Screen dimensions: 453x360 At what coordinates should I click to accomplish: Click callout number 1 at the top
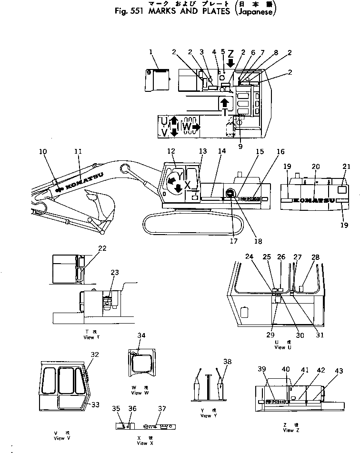click(151, 51)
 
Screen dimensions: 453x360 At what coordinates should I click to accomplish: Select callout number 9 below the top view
click(240, 147)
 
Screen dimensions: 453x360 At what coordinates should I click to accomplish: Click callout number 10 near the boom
click(43, 151)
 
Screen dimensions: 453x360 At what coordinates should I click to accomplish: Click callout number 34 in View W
click(141, 335)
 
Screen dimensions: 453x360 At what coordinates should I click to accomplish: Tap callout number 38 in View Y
click(228, 361)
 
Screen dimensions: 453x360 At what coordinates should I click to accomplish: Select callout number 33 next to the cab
click(95, 404)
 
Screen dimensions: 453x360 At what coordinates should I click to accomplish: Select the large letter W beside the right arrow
click(186, 127)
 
